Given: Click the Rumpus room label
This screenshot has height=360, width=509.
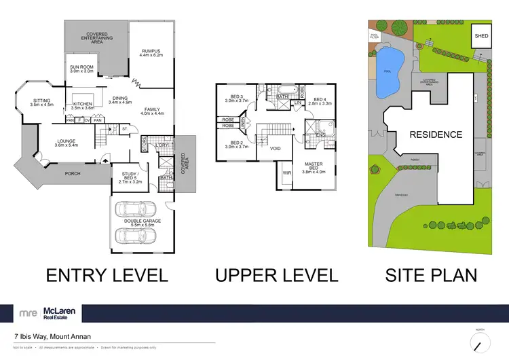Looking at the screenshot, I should click(151, 54).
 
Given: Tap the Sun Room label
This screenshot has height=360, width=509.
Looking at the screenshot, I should click(81, 68).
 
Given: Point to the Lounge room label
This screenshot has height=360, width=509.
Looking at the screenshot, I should click(67, 143).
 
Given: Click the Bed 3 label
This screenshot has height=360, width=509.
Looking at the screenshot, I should click(236, 98).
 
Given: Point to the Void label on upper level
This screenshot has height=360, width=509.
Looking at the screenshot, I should click(276, 147).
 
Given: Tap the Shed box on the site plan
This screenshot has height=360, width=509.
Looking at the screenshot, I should click(481, 35).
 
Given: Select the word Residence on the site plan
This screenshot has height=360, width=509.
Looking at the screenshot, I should click(435, 135).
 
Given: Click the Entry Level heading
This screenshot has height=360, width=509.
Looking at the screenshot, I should click(107, 275).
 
